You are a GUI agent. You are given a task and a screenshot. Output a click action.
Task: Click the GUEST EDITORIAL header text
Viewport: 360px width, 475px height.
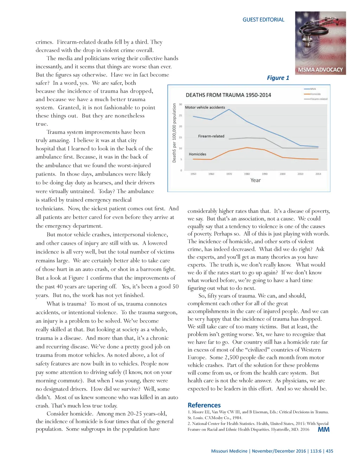coord(263,20)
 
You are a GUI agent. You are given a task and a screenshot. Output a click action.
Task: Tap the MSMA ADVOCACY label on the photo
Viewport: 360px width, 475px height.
coord(320,70)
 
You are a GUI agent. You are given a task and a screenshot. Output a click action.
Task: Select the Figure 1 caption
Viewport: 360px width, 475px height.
coord(278,78)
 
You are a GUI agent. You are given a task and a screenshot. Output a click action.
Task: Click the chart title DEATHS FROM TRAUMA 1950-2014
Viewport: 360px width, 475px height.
coord(228,95)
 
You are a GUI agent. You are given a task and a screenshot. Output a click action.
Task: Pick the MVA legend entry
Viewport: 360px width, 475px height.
coord(313,89)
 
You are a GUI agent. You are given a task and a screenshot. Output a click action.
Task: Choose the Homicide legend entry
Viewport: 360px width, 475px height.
coord(315,94)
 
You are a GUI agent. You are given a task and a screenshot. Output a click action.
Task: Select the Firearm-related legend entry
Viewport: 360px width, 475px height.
coord(319,99)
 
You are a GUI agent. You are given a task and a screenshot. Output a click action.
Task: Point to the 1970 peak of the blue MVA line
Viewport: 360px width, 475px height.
coord(229,109)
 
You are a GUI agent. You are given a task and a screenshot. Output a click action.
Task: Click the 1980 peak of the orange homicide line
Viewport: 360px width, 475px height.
coord(247,148)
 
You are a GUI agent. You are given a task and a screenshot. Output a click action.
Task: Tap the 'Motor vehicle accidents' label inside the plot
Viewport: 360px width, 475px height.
coord(205,107)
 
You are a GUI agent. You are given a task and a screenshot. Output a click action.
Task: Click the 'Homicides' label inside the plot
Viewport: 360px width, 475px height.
coord(198,154)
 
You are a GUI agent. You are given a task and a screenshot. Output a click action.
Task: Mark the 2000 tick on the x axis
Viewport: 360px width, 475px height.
coord(283,174)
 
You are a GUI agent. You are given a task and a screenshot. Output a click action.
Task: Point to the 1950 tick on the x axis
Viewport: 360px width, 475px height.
coord(193,174)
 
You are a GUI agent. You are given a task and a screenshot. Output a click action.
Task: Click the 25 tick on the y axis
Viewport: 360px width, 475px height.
coord(181,115)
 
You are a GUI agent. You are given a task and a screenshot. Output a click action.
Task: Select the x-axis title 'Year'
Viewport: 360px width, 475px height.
coord(256,180)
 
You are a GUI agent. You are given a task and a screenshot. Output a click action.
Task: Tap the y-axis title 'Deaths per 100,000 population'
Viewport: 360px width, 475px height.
coord(174,133)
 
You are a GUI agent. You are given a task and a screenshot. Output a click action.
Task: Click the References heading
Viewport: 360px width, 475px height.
coord(204,405)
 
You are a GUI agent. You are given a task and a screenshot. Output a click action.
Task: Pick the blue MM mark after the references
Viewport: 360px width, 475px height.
coord(323,429)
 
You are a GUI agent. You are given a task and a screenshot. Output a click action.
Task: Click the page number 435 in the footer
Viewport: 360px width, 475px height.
coord(329,451)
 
